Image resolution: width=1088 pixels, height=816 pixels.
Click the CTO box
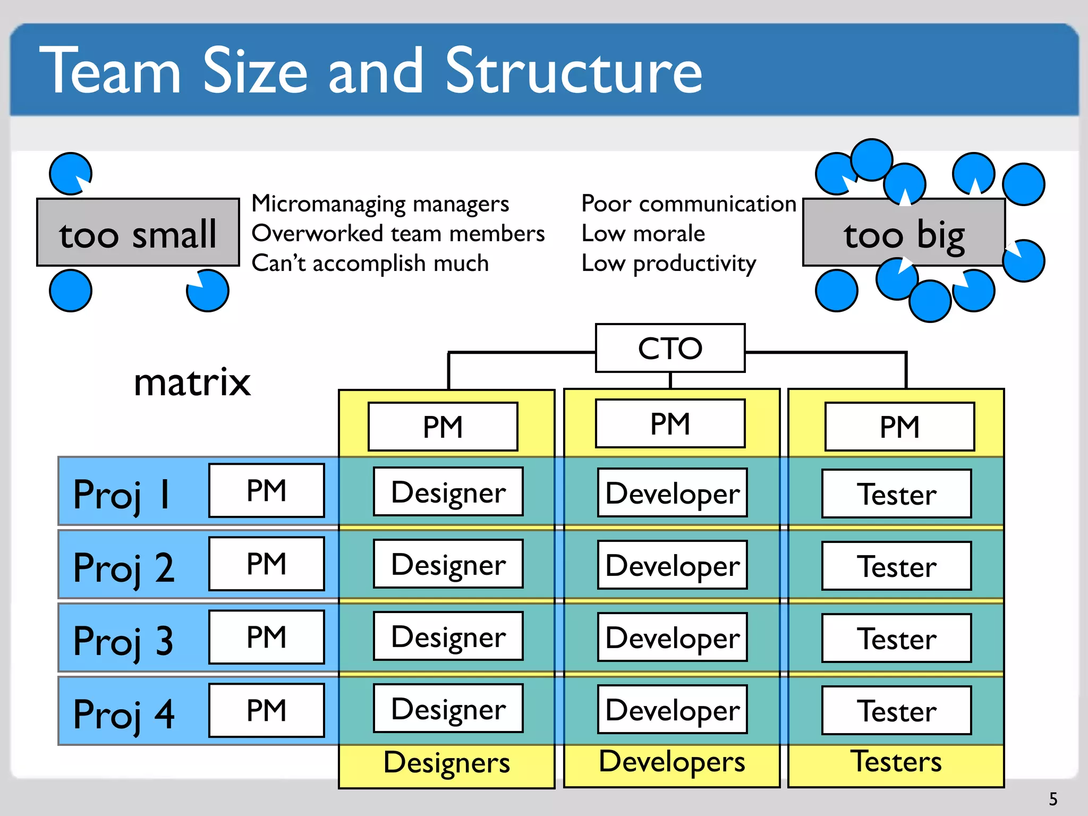(670, 348)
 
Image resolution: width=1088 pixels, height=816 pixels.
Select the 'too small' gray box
(138, 233)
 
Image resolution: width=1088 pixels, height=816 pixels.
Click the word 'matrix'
(192, 382)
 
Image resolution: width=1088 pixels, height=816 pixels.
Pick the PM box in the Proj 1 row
(266, 490)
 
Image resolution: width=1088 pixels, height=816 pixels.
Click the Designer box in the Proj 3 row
(448, 636)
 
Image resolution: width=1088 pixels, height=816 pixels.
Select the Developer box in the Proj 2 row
(672, 565)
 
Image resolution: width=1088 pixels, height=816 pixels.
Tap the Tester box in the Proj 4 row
(896, 710)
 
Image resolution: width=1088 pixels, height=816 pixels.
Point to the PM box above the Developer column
(670, 423)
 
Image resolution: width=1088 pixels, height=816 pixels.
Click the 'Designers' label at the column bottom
(446, 762)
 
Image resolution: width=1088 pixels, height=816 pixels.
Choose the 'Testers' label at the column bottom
(896, 761)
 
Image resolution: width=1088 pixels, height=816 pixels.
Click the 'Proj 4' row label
(124, 713)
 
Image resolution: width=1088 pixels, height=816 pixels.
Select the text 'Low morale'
(643, 233)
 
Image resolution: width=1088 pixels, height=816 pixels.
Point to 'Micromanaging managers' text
(380, 203)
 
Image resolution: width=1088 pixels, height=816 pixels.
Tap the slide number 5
(1053, 799)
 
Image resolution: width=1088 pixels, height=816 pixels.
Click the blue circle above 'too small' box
(70, 174)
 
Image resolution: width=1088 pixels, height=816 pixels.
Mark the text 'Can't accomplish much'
(370, 263)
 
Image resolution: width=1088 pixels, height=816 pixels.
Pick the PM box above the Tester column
(899, 427)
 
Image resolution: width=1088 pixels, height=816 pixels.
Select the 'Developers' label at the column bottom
(671, 761)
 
